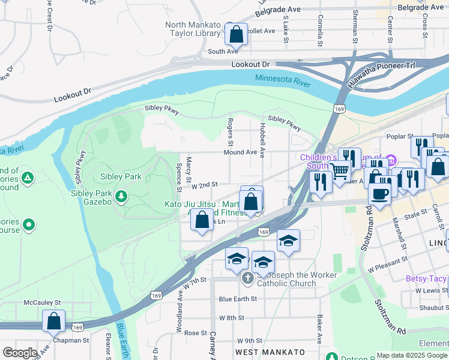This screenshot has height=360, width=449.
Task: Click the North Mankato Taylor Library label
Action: pyautogui.click(x=193, y=29)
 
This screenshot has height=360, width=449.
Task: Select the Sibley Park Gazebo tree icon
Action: pyautogui.click(x=121, y=196)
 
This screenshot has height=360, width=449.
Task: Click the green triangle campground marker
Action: pyautogui.click(x=27, y=178)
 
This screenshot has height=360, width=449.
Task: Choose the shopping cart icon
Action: pyautogui.click(x=340, y=172)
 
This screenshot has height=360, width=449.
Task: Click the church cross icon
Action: pyautogui.click(x=247, y=278)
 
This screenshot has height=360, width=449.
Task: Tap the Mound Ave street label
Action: pyautogui.click(x=240, y=152)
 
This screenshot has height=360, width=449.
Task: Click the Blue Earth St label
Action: pyautogui.click(x=238, y=298)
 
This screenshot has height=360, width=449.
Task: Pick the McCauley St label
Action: pyautogui.click(x=42, y=303)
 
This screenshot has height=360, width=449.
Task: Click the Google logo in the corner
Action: pyautogui.click(x=20, y=353)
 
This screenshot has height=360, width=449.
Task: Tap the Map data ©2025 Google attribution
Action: pyautogui.click(x=412, y=355)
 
